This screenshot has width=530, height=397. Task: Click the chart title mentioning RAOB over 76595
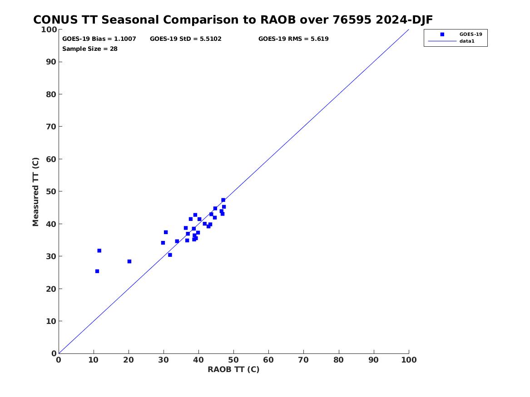233,20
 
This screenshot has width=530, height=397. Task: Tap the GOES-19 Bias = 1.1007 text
99,39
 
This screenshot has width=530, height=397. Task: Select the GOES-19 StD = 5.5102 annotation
186,39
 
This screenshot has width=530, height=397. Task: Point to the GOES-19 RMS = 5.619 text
293,39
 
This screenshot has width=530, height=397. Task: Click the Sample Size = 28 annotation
90,49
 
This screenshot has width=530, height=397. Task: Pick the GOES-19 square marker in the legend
442,34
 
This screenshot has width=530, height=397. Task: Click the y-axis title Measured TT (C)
35,192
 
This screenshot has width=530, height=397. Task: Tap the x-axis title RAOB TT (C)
233,369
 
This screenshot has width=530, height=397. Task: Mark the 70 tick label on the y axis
51,127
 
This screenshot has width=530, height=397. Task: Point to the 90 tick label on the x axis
373,360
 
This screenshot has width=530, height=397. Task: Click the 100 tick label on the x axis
409,360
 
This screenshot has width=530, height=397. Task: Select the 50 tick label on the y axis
51,191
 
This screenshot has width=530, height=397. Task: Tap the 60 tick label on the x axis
268,360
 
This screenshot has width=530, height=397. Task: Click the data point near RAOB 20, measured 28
129,261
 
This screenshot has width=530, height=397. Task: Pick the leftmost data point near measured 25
97,271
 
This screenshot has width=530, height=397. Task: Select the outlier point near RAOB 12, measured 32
99,250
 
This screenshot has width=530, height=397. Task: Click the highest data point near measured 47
223,200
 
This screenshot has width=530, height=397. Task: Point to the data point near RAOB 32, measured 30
170,255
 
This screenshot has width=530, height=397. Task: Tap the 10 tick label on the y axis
51,321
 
